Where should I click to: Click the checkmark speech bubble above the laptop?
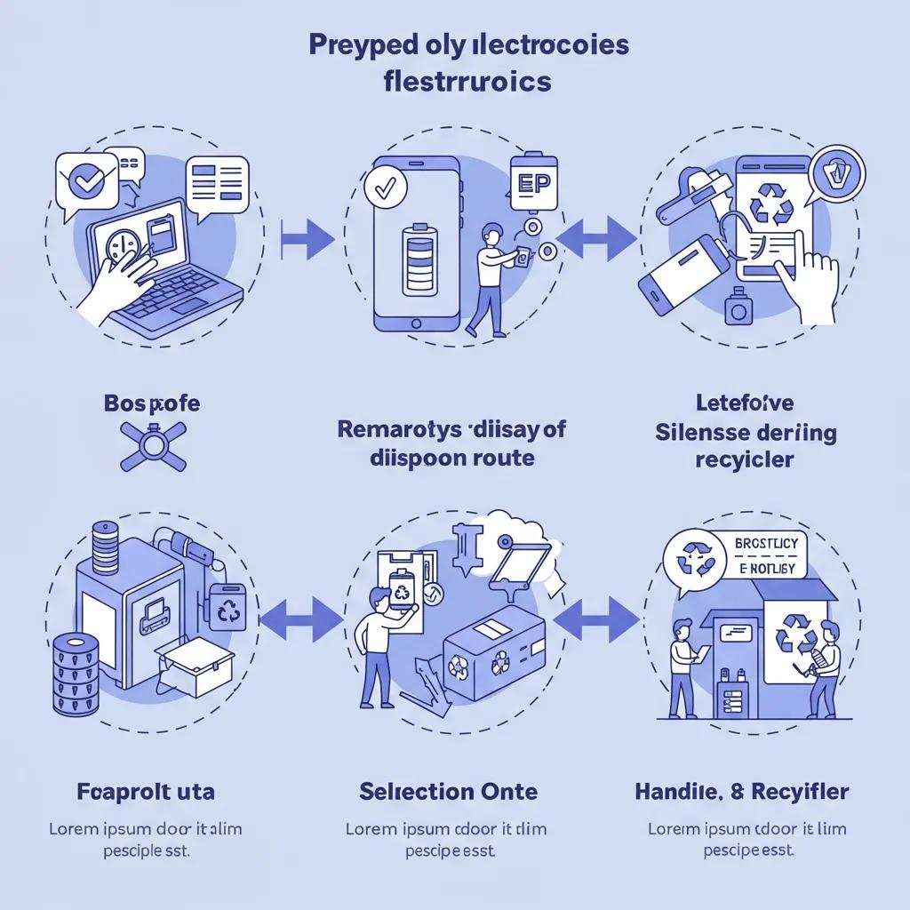click(x=86, y=183)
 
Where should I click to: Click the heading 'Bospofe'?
click(x=151, y=403)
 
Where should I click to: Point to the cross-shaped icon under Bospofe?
click(x=153, y=446)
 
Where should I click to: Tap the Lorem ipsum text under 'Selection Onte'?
click(x=446, y=839)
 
